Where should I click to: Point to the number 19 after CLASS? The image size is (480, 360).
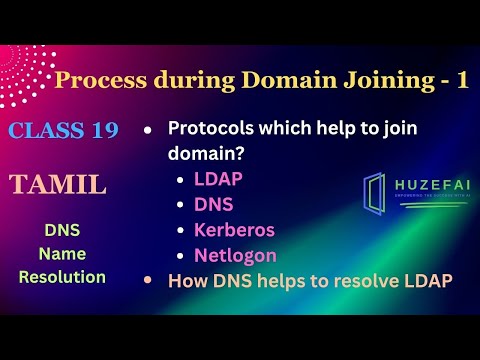(x=103, y=131)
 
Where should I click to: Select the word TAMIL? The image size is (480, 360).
(x=58, y=184)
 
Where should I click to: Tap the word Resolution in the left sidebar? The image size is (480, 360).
(x=62, y=277)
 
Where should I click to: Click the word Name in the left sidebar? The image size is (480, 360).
(x=62, y=254)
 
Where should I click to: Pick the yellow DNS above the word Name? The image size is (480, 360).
(x=62, y=230)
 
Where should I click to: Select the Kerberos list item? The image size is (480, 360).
(x=234, y=230)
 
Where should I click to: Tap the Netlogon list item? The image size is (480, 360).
(x=236, y=255)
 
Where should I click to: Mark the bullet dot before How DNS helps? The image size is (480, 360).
(x=149, y=281)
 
